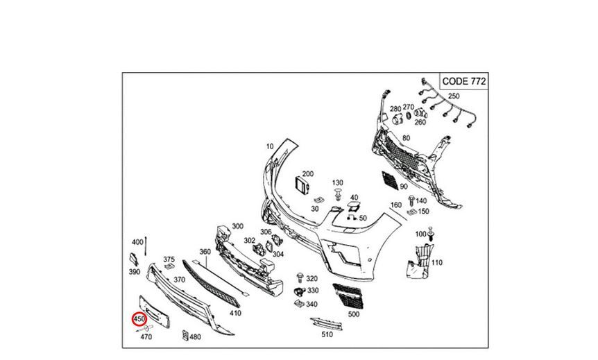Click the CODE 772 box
463,81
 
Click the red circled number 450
139,320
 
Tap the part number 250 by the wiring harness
454,96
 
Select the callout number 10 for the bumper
270,146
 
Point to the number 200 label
308,173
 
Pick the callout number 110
436,263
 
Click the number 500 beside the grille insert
354,314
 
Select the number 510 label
327,334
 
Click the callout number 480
195,337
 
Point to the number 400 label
137,241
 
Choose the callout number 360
205,252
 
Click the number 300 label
237,226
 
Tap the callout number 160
396,205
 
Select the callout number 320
311,278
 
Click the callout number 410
236,313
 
